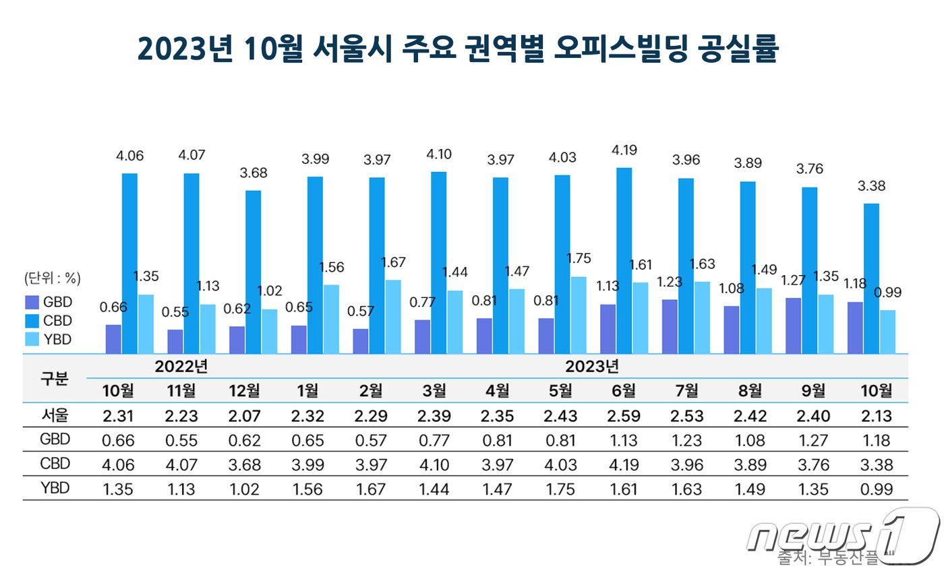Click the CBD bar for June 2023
tap(624, 260)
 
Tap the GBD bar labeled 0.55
tap(175, 341)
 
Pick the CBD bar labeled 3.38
tap(872, 278)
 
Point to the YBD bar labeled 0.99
tap(887, 331)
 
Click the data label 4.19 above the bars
tap(624, 150)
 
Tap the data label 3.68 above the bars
tap(254, 173)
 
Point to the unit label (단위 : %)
tap(53, 278)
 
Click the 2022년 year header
tap(181, 367)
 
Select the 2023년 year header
tap(592, 367)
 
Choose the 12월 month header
tap(245, 391)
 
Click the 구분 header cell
tap(55, 378)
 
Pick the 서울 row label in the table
tap(55, 416)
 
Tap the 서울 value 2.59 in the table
tap(624, 416)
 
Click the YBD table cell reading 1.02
tap(245, 489)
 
